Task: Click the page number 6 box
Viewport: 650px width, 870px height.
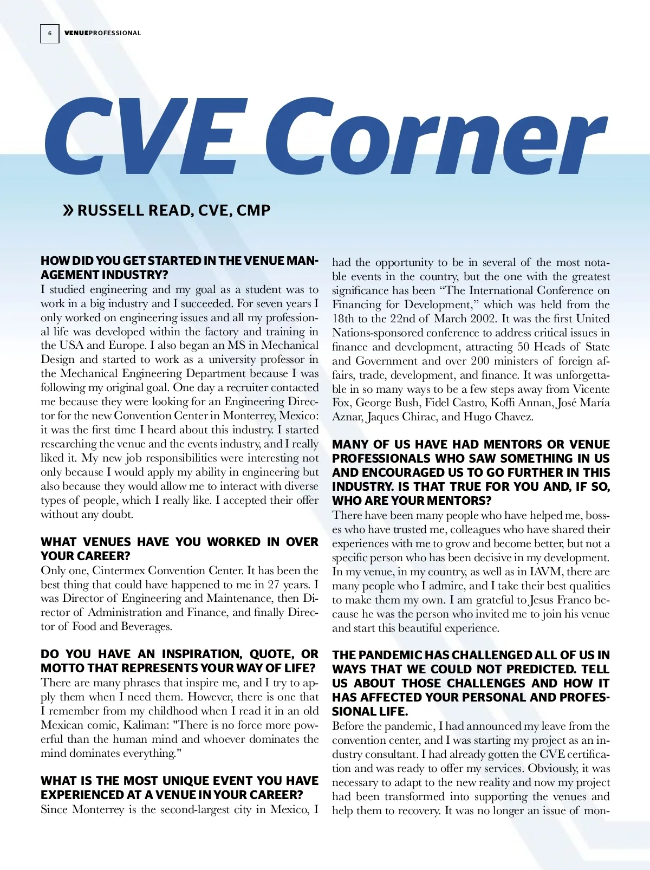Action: point(50,33)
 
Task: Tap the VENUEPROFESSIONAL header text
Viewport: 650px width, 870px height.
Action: point(102,33)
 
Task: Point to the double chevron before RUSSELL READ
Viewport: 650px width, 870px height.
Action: point(68,210)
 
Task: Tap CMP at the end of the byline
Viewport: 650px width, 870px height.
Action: point(253,210)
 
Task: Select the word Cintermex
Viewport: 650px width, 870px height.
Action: point(118,570)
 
